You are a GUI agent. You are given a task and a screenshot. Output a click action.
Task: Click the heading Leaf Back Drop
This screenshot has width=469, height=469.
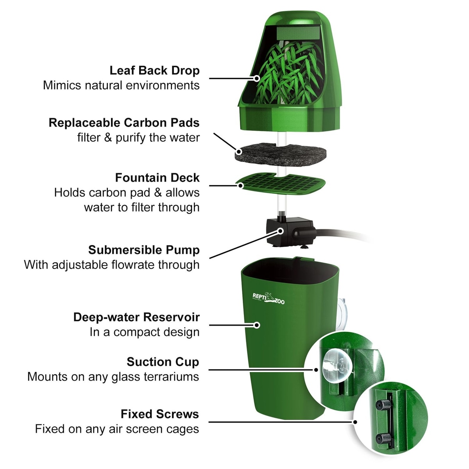point(154,71)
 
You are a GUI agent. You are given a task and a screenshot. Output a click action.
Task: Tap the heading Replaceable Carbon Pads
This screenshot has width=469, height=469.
point(124,123)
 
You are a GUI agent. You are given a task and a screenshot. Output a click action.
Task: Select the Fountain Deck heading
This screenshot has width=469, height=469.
point(157,178)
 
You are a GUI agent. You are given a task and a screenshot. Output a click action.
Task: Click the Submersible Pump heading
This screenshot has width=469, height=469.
point(144,250)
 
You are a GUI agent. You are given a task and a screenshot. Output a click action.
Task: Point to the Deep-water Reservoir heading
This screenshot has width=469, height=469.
point(136,317)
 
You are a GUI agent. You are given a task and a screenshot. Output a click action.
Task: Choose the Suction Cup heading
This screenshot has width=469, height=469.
point(163,362)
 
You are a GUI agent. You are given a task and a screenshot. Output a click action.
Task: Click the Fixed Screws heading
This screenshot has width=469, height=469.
point(160,414)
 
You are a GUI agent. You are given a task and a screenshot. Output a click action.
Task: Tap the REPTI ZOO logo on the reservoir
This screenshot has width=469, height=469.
point(269,298)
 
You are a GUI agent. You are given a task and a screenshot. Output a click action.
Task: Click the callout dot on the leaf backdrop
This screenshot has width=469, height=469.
point(256,79)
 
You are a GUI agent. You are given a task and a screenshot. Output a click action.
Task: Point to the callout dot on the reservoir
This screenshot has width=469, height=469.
point(256,325)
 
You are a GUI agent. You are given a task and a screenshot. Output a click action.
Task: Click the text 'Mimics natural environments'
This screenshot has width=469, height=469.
point(121,86)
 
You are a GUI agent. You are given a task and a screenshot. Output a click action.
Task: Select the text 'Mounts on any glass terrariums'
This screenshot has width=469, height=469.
point(113,377)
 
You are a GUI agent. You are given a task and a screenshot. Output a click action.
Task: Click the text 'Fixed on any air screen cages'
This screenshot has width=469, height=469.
point(117,429)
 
